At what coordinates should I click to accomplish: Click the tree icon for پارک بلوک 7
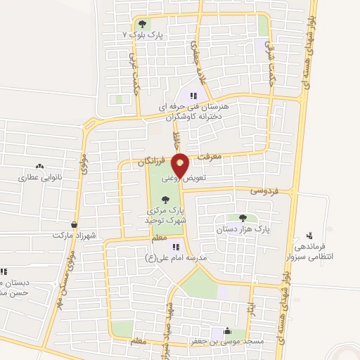[143, 25]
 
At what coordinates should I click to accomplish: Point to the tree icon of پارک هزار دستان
[243, 218]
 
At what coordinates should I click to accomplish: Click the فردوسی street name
[264, 191]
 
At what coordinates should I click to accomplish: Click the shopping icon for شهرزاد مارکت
[74, 224]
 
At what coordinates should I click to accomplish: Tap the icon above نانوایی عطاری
[39, 167]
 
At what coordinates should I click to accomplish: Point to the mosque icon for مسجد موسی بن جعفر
[227, 331]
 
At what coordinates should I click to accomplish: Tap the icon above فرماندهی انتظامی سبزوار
[309, 236]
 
